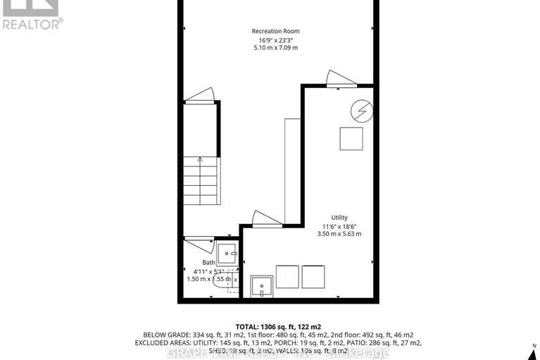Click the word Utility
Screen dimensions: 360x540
tap(339, 218)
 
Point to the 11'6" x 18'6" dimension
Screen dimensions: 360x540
tap(339, 226)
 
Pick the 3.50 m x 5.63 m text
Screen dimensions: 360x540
tap(339, 234)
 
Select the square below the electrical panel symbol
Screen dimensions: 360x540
tap(351, 138)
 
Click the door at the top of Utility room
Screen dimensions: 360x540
tap(337, 80)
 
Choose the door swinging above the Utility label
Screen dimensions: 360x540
tap(266, 219)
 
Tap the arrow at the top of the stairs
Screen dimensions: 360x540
tap(200, 160)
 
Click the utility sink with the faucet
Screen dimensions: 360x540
tap(261, 286)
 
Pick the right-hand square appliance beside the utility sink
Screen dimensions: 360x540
tap(313, 276)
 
